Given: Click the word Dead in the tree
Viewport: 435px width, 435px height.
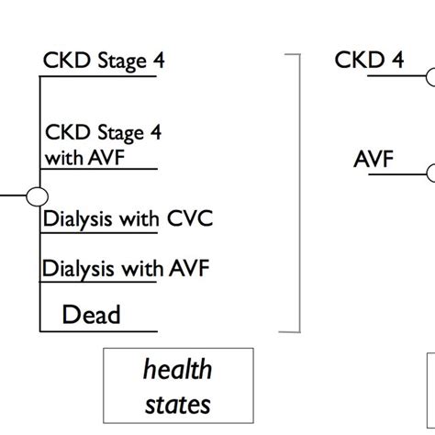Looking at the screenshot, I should coord(91,315).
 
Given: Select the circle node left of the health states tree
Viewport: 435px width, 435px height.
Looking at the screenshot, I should coord(38,196).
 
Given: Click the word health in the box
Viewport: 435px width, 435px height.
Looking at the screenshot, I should coord(177,370).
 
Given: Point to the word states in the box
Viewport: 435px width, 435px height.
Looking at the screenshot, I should coord(177,403).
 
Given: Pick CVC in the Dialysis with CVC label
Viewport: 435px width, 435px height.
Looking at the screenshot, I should coord(189,219).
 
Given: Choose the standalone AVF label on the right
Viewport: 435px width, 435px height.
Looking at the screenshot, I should coord(374,159).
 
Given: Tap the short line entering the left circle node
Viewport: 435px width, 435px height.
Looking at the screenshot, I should coord(13,196).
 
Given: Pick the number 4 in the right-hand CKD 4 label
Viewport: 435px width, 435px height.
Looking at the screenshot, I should coord(396,61).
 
